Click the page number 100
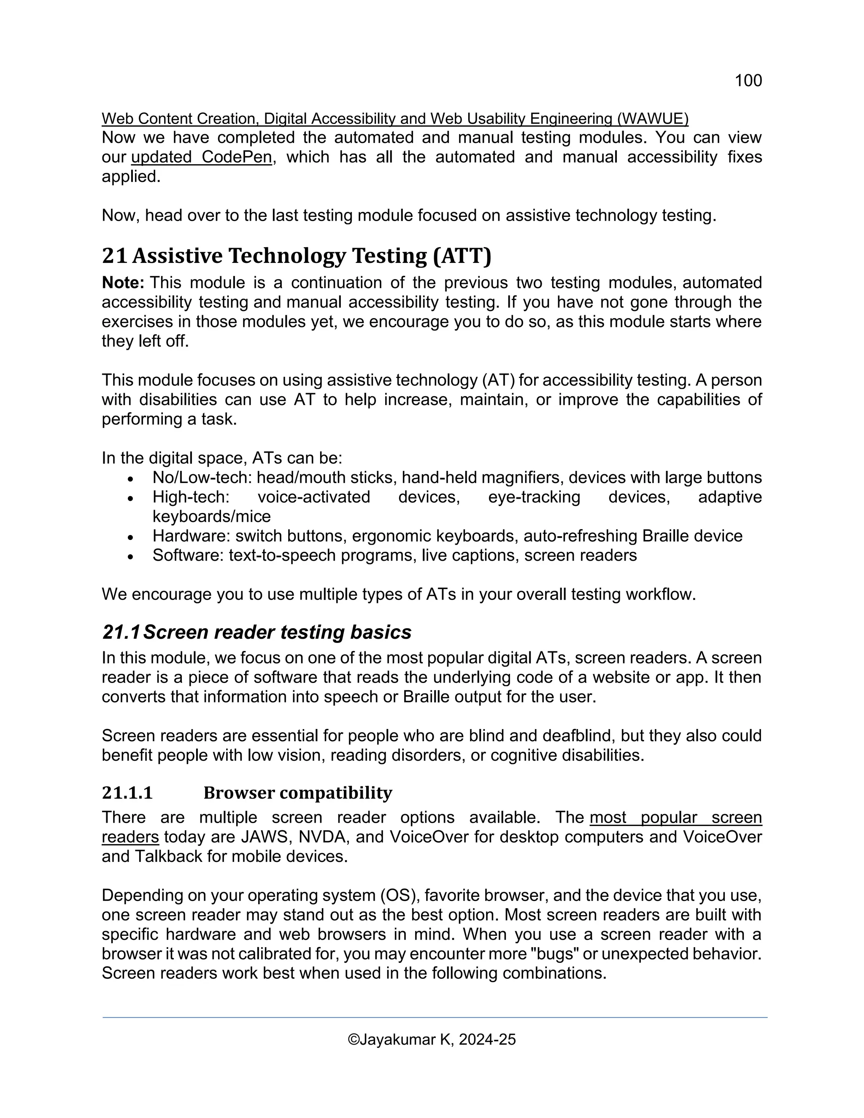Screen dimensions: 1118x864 coord(748,80)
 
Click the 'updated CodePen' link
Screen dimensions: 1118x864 coord(201,157)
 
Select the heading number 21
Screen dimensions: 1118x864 coord(114,256)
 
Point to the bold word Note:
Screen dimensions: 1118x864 coord(123,283)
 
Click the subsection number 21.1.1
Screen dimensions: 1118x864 coord(127,793)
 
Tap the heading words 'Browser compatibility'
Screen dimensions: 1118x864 coord(298,793)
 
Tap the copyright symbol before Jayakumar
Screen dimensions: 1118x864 coord(353,1040)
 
